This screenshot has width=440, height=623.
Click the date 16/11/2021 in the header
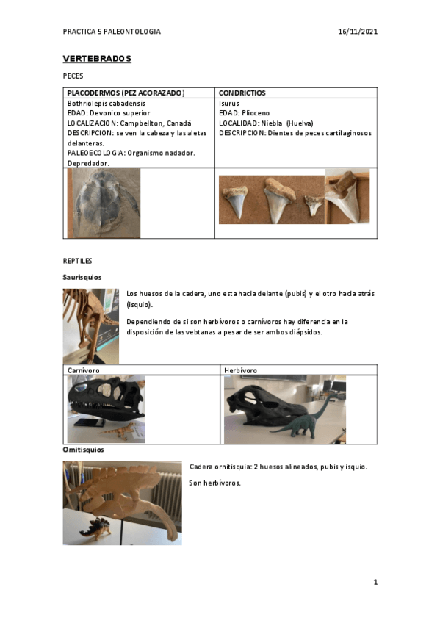(358, 32)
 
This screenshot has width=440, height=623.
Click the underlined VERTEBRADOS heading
(97, 59)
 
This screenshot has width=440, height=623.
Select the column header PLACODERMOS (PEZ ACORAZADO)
(126, 93)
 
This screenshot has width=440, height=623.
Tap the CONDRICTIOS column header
(242, 93)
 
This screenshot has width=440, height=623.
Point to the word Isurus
(228, 104)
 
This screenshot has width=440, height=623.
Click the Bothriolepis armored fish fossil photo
(104, 203)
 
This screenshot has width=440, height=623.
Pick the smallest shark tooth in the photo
(314, 204)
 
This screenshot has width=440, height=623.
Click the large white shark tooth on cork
(347, 196)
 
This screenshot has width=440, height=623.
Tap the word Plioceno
(256, 113)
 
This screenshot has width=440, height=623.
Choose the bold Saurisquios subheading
(82, 277)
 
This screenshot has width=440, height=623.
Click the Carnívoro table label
(84, 370)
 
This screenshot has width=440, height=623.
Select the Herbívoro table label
(240, 370)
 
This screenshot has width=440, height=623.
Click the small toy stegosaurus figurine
(96, 528)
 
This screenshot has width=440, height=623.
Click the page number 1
(375, 583)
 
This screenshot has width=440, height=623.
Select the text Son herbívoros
(214, 483)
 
